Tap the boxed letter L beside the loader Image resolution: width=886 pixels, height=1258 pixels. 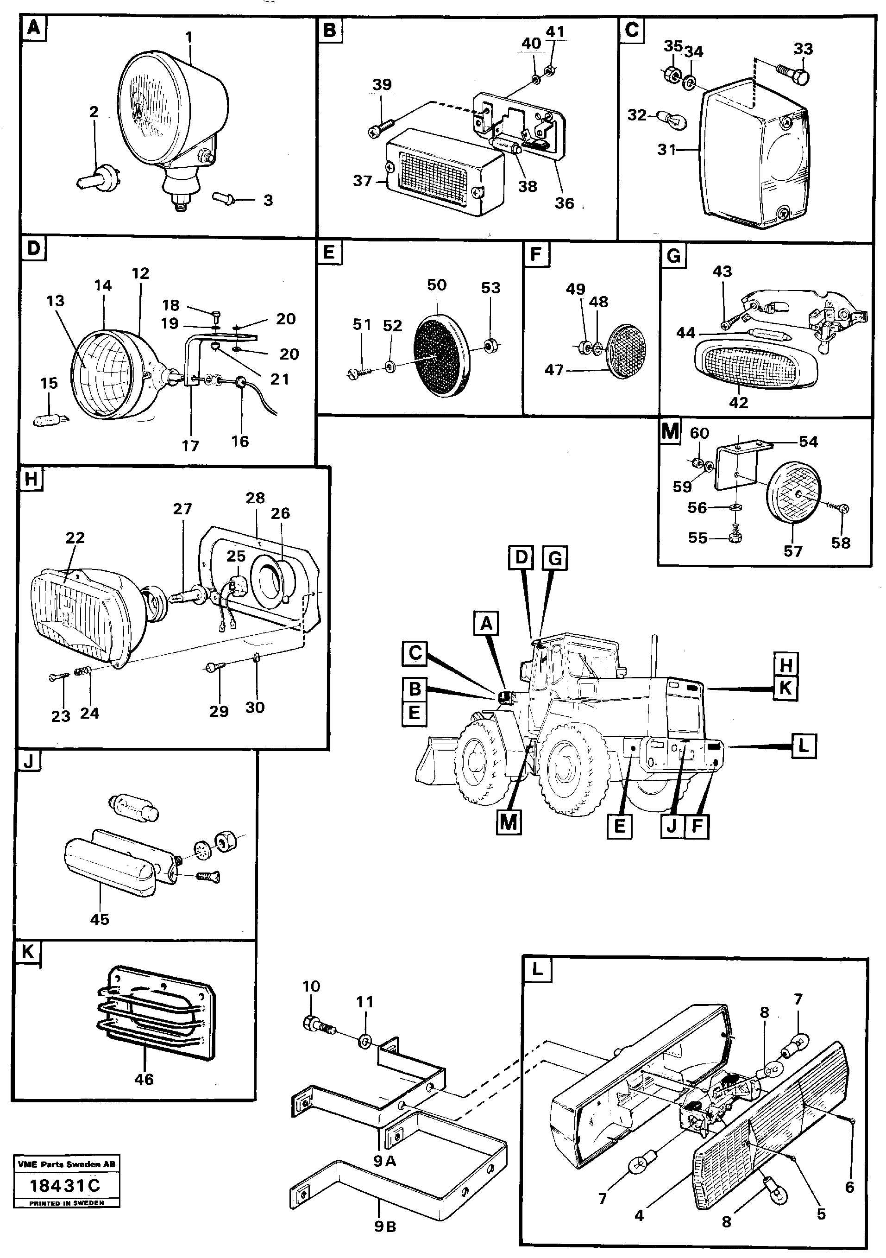tap(803, 746)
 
